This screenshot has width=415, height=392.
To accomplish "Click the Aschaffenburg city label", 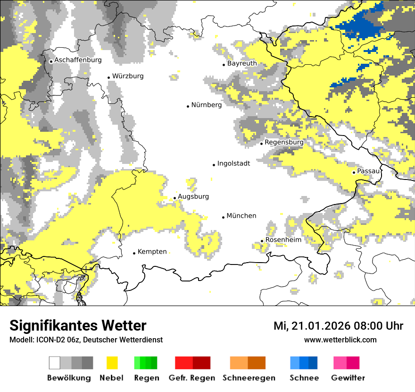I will point(78,60).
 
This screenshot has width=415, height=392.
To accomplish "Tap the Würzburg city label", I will point(128,76).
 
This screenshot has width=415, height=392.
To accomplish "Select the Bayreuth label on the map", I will point(242,63).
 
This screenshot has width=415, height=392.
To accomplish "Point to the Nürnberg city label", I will point(206,105).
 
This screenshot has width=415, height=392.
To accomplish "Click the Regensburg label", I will point(284,142).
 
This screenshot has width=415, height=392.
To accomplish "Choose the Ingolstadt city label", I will point(233,163).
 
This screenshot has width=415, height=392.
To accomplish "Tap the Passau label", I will point(368,171).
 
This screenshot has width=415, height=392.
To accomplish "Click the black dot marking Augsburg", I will point(174,198).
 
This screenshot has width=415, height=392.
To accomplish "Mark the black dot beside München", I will point(223,217).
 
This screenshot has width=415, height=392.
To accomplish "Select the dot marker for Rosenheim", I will point(262,241).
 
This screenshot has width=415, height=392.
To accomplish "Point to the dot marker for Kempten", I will point(134,253).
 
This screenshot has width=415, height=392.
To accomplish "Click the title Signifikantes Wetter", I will point(78,326).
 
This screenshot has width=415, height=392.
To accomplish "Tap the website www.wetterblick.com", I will point(340,340).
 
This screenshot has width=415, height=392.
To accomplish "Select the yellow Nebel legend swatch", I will point(112,363).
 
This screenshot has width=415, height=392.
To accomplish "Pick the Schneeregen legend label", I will point(249,378).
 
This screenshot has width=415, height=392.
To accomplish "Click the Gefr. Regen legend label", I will point(192,378).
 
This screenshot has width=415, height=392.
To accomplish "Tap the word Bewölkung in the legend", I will point(69,378).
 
